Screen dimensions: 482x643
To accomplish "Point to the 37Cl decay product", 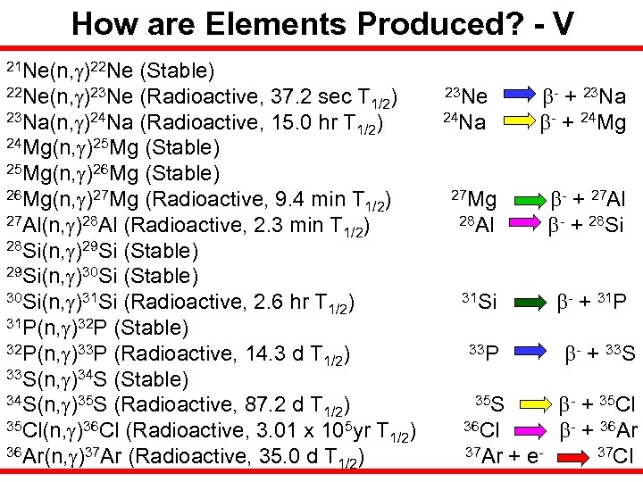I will pyautogui.click(x=614, y=457).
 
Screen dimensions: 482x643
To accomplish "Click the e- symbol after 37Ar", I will pyautogui.click(x=535, y=457).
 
